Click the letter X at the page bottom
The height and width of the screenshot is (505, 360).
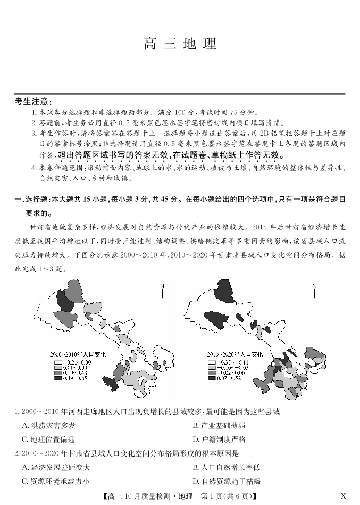click(x=343, y=496)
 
